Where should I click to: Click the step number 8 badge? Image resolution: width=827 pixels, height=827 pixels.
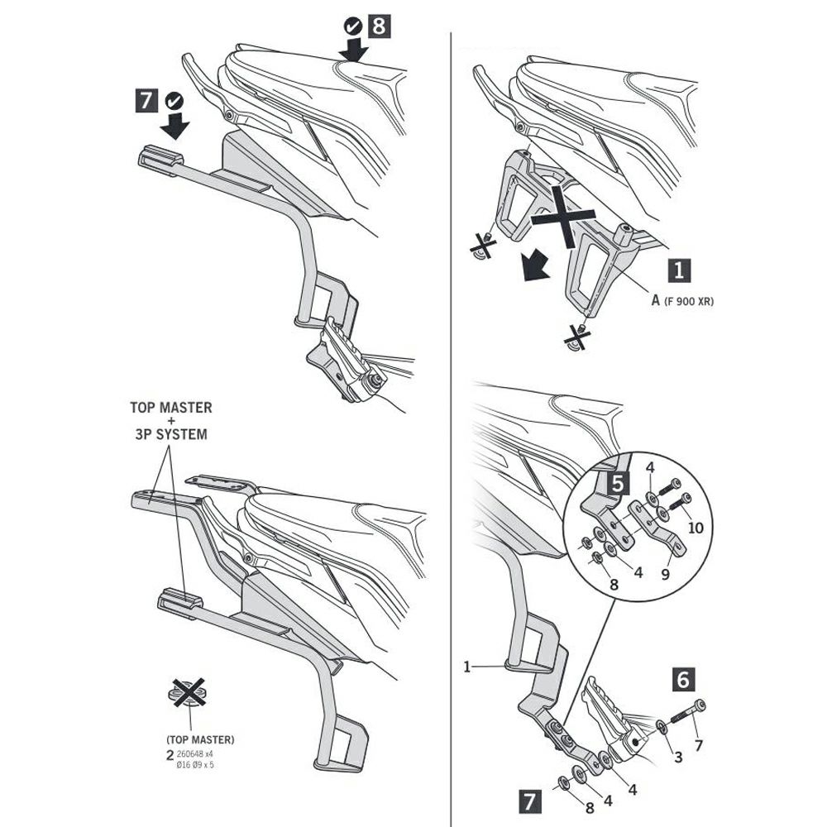[378, 26]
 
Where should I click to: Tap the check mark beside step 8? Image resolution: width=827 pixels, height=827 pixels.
[353, 26]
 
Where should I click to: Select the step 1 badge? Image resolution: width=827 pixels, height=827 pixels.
[679, 270]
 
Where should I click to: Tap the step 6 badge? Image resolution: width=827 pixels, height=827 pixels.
[681, 680]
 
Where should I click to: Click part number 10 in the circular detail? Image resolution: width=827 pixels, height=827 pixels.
[696, 527]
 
